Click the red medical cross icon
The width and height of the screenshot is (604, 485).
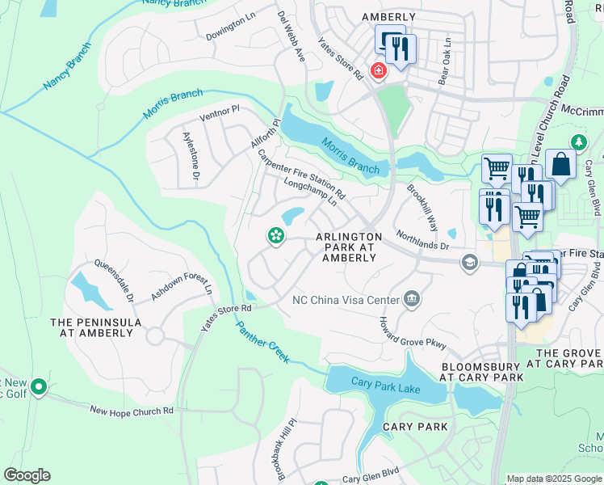point(377,71)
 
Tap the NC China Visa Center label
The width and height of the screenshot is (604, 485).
point(345,300)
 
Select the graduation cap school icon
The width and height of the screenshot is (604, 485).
point(469,262)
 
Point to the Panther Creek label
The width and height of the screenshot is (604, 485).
point(262,343)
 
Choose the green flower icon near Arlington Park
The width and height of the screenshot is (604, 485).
point(275,235)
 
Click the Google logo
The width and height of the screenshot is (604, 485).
point(27,475)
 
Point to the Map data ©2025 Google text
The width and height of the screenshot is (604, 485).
point(553,479)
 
